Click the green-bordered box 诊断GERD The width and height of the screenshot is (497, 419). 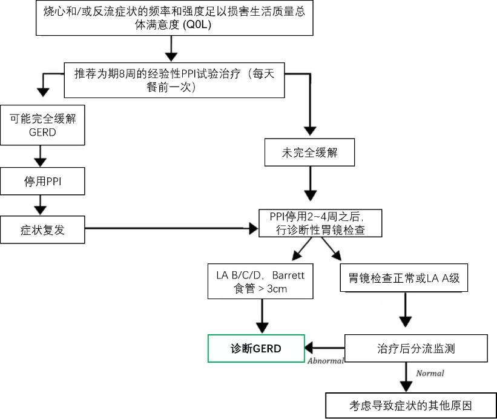point(256,348)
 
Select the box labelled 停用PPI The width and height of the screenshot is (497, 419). point(42,182)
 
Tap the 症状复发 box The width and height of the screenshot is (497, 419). point(42,229)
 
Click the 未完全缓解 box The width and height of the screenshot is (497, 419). point(309,153)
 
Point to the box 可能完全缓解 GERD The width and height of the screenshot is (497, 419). point(42,125)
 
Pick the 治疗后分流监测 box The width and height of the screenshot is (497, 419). point(416,348)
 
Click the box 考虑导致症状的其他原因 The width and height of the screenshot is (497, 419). point(410,405)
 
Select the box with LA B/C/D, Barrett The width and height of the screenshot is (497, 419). point(260,282)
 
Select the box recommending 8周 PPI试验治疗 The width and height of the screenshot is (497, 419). point(174,79)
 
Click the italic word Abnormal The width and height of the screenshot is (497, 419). point(326,361)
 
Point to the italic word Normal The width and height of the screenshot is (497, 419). point(430,374)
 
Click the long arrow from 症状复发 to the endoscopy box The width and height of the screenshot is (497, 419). point(170,228)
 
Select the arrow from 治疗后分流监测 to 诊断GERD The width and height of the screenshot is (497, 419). point(324,348)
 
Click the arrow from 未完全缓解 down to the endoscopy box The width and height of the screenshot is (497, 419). point(310,184)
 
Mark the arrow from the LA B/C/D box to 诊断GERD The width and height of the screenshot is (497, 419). point(262,316)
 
